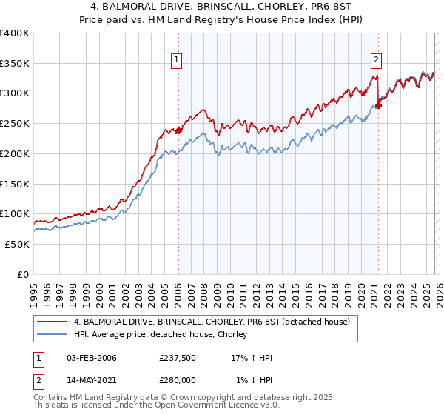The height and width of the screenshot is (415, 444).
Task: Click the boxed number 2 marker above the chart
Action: point(376,60)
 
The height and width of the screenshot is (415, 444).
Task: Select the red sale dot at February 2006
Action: point(178,130)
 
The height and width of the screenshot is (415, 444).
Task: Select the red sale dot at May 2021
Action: point(378,105)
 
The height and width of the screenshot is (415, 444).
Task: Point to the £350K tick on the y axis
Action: point(15,64)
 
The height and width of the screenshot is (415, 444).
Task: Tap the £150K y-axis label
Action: point(15,184)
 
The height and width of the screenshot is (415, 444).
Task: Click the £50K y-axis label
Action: point(18,244)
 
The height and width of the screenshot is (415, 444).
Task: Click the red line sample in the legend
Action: point(53,322)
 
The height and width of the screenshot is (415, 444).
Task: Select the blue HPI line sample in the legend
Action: point(53,335)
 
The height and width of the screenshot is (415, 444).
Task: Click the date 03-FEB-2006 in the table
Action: point(92,358)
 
